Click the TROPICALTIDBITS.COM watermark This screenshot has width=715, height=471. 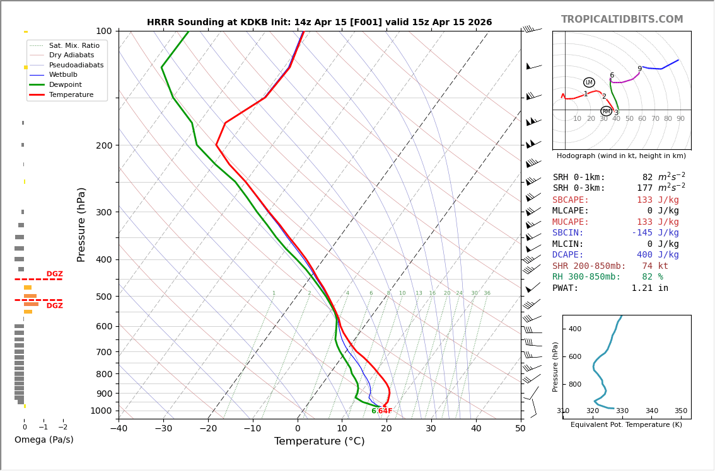[622, 20]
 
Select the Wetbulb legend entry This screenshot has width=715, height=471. [63, 75]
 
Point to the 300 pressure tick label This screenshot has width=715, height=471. [103, 212]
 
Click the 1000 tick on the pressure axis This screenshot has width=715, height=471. [100, 411]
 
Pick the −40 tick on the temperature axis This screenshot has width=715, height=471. [119, 429]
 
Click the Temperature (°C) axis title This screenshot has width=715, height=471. [319, 441]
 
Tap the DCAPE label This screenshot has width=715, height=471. [567, 255]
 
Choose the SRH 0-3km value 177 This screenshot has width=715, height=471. [644, 188]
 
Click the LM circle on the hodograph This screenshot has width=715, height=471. [589, 82]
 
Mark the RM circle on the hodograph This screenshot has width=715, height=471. [606, 111]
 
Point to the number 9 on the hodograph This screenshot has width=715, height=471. [639, 69]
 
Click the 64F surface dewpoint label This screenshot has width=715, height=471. [385, 411]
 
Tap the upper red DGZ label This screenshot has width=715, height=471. [55, 274]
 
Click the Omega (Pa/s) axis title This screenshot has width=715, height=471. [44, 440]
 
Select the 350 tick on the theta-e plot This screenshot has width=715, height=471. [681, 411]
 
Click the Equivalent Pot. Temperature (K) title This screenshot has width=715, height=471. [627, 425]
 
